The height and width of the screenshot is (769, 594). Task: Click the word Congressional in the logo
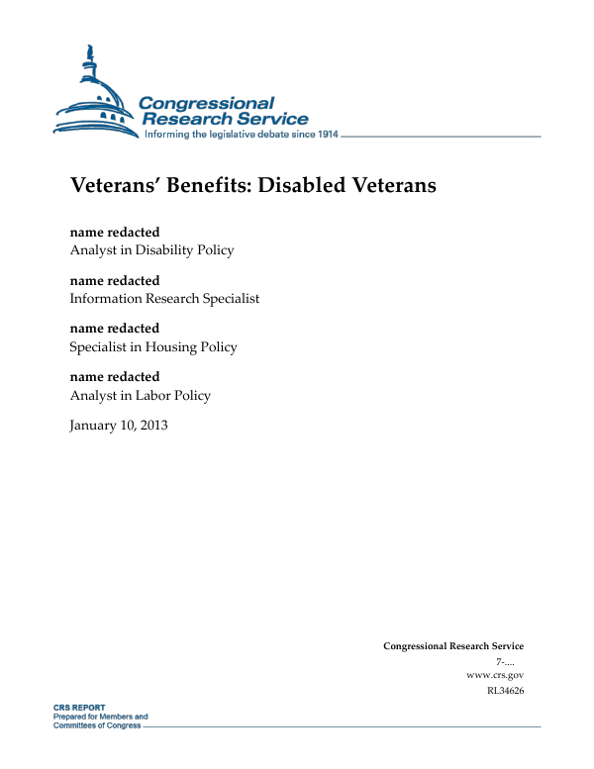(x=206, y=103)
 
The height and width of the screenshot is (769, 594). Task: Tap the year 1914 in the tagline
(x=324, y=134)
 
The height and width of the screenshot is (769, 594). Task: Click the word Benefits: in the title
(x=216, y=185)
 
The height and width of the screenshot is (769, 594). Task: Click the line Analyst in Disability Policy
(x=151, y=250)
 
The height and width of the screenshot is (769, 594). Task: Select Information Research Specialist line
(x=164, y=298)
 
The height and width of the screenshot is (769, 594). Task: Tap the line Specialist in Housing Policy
(x=153, y=346)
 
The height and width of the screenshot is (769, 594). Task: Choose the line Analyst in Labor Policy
(x=140, y=395)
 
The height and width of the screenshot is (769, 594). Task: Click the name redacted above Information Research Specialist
(x=114, y=281)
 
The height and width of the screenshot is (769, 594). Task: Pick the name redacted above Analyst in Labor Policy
(x=114, y=377)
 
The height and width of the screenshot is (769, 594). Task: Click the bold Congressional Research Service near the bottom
(x=453, y=646)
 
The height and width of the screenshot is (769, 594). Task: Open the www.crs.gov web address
(x=494, y=675)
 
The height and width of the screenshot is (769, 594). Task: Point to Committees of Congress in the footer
(x=96, y=724)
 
